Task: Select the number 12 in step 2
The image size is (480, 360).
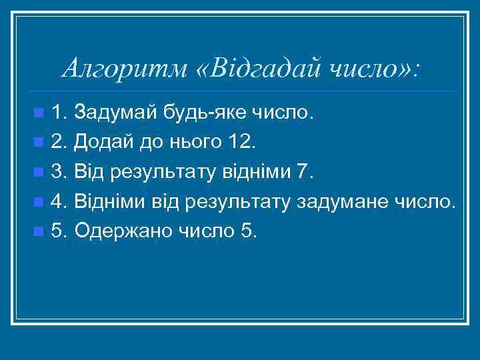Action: tap(238, 141)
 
